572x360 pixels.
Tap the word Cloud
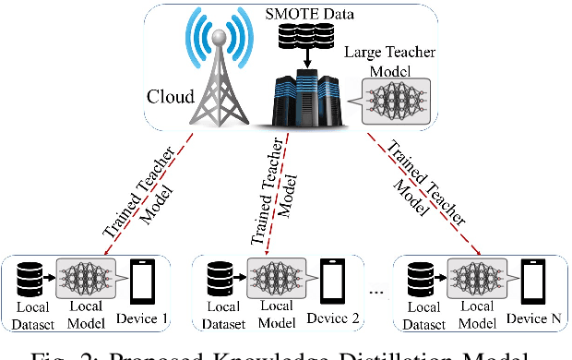170,96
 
